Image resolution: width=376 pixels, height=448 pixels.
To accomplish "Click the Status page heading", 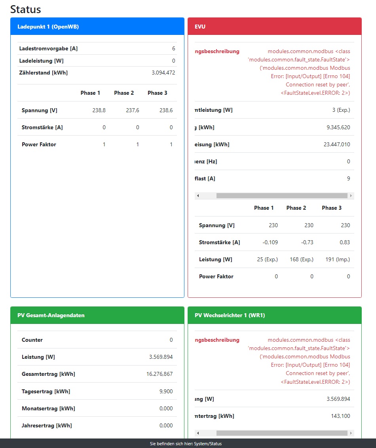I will (x=25, y=9).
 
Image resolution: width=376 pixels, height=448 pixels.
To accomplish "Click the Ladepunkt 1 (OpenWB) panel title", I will (x=48, y=27).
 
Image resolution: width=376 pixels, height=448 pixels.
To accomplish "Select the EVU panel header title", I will (x=200, y=27).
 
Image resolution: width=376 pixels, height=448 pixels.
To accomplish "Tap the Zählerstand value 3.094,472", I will (x=163, y=73).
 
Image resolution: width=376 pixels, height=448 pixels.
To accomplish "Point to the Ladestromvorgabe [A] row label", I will (x=48, y=49).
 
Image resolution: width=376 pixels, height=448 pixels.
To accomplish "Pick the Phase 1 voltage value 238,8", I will (x=99, y=110).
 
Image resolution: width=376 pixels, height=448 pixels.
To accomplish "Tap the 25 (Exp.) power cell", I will (x=267, y=259).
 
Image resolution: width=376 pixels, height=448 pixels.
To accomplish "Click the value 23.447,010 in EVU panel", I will (x=337, y=144).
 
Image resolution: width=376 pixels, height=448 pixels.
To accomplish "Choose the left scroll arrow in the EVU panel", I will (x=198, y=196).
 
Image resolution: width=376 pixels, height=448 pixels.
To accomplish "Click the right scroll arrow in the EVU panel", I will (x=351, y=196).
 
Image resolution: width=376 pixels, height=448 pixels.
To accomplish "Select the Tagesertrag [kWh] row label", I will (x=46, y=391).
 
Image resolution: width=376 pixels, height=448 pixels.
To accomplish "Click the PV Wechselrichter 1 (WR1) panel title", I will (x=230, y=316).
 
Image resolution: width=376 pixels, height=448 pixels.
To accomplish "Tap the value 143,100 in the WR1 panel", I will (x=340, y=416).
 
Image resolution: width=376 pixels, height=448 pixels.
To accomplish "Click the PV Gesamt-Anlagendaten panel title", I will (x=51, y=316).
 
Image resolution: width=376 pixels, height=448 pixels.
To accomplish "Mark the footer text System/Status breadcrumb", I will (x=188, y=444).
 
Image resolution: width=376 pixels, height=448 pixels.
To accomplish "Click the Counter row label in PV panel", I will (x=32, y=340).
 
